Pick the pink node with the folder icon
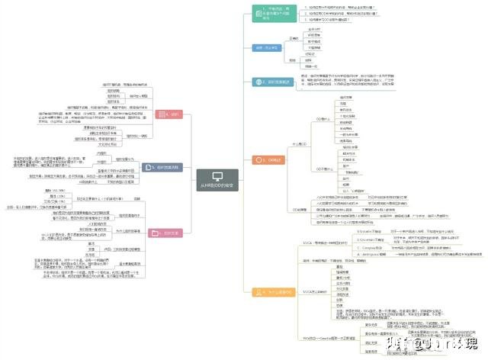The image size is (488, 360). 167,233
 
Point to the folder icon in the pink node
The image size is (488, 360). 158,233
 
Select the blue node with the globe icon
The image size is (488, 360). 274,82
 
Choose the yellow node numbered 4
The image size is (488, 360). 274,291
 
